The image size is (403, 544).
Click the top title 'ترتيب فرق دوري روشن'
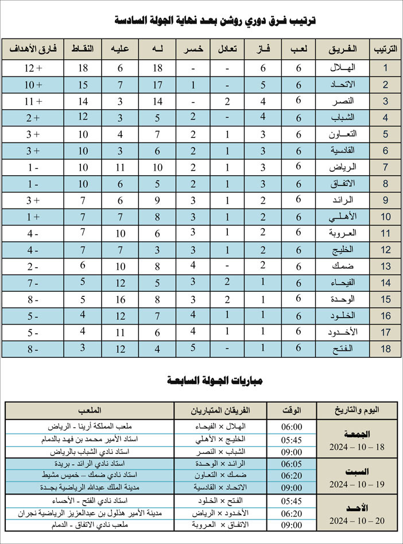(215, 21)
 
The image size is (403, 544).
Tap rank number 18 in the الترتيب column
(386, 349)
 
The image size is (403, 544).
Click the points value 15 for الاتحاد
(83, 85)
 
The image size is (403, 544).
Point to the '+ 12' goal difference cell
(34, 68)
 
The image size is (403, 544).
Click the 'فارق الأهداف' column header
(33, 49)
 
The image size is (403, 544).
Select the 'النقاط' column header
(83, 49)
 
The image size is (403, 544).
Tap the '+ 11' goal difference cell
(34, 101)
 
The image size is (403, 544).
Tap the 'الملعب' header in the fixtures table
(90, 410)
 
